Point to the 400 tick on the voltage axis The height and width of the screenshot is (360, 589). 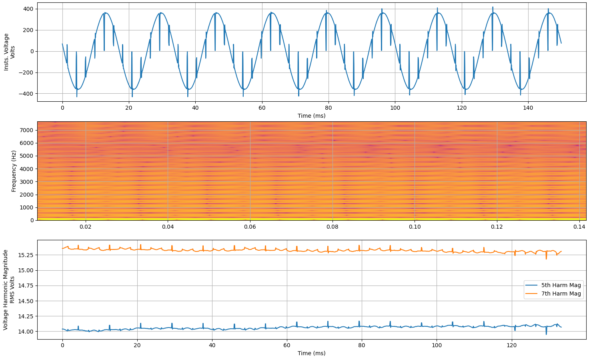click(x=28, y=9)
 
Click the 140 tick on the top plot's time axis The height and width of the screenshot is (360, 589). click(x=528, y=108)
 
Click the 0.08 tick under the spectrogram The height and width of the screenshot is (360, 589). click(x=332, y=227)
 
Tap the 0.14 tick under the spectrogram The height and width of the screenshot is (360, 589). click(x=579, y=227)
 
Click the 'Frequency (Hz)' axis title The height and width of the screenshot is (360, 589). click(x=14, y=171)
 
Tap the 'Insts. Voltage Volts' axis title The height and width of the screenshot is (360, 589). click(x=9, y=52)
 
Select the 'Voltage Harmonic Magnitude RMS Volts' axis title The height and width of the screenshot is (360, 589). click(x=9, y=290)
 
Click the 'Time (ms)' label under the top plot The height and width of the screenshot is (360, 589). click(x=311, y=116)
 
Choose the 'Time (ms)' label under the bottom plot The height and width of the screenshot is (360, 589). click(x=311, y=353)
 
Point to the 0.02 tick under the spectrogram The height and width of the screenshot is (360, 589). click(x=86, y=227)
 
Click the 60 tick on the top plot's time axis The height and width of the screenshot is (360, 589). click(x=262, y=108)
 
